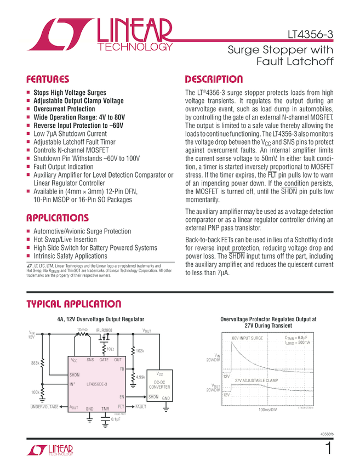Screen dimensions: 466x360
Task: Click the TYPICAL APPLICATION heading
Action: tap(73, 304)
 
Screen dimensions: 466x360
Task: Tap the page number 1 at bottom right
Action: tap(328, 449)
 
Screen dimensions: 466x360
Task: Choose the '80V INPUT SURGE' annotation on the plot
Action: tap(248, 339)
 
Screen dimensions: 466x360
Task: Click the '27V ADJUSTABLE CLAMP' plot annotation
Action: tap(256, 380)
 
